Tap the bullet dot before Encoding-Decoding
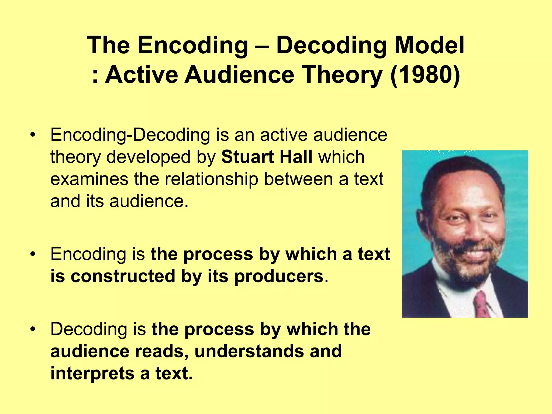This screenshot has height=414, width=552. [x=33, y=135]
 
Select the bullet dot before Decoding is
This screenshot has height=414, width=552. [x=33, y=329]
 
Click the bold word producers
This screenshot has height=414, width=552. [x=279, y=277]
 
